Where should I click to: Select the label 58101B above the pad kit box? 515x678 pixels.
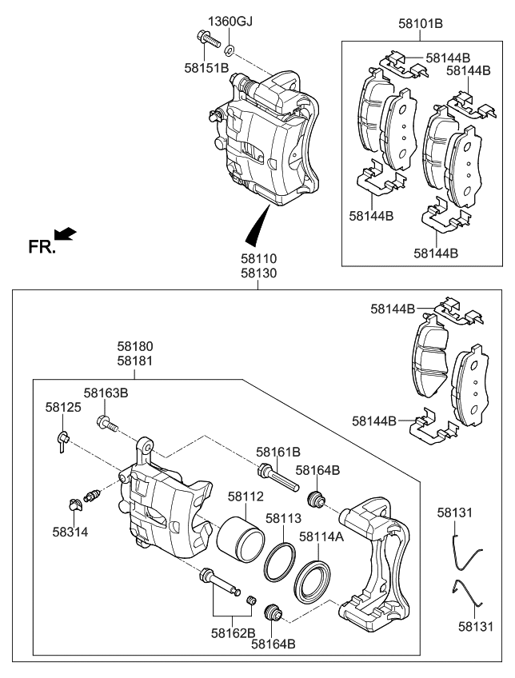click(x=420, y=24)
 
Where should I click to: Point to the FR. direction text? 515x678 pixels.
click(x=42, y=247)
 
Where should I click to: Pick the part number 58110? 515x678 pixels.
click(x=260, y=259)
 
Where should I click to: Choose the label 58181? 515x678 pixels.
click(x=135, y=361)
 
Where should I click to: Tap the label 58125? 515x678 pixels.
click(x=62, y=407)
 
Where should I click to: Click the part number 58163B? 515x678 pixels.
click(x=106, y=393)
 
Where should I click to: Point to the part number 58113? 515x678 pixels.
click(x=282, y=518)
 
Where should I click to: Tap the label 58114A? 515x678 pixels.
click(x=321, y=536)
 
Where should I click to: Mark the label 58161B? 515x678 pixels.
click(x=277, y=452)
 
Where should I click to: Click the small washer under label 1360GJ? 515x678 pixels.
click(x=229, y=50)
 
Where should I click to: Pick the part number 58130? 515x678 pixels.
click(x=260, y=273)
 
